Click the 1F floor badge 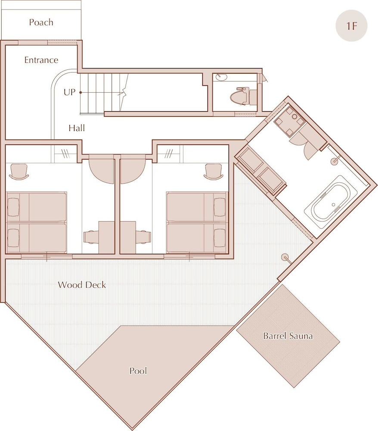pos(351,26)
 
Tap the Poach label pos(41,22)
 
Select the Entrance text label pos(41,60)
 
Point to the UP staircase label pos(69,92)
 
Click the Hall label pos(77,128)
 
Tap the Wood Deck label pos(82,285)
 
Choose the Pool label pos(138,371)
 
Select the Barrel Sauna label pos(288,336)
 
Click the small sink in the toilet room pos(221,77)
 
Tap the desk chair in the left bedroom pos(19,172)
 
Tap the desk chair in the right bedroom pos(213,172)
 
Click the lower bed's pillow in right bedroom pos(220,237)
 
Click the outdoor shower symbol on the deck pos(286,258)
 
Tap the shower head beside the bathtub pos(335,160)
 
